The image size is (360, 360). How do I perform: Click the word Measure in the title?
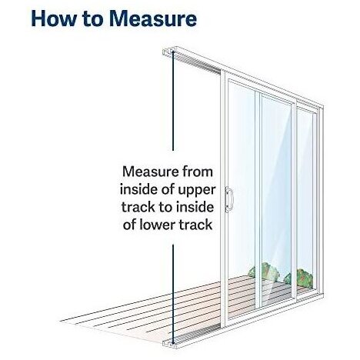(153, 18)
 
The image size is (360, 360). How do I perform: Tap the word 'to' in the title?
(93, 19)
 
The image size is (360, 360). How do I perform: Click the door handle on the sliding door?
(228, 199)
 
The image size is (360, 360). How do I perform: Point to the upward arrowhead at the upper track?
(173, 53)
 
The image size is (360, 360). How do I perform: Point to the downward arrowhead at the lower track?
(173, 342)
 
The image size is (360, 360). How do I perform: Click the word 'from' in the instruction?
(198, 172)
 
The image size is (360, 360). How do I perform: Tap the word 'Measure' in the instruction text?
(151, 172)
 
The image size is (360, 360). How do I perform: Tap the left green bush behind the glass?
(264, 272)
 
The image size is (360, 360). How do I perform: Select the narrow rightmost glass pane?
(305, 199)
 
